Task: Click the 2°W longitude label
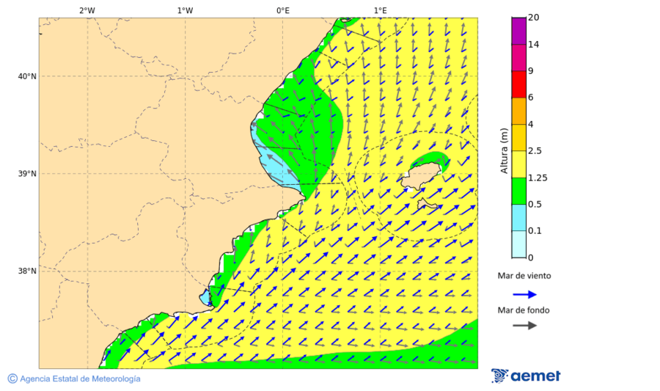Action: pyautogui.click(x=87, y=10)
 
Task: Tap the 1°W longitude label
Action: pyautogui.click(x=185, y=10)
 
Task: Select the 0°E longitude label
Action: pyautogui.click(x=282, y=10)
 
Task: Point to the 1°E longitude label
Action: pyautogui.click(x=380, y=10)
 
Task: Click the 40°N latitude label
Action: pyautogui.click(x=26, y=76)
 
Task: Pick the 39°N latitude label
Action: pyautogui.click(x=26, y=174)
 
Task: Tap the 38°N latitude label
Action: pyautogui.click(x=26, y=271)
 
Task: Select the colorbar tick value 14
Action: pyautogui.click(x=534, y=45)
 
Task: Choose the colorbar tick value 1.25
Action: pyautogui.click(x=538, y=178)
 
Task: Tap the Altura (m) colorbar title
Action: pyautogui.click(x=504, y=150)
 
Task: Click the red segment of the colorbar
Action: pyautogui.click(x=519, y=84)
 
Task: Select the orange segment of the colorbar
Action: pyautogui.click(x=519, y=111)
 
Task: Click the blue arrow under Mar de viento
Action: pyautogui.click(x=524, y=294)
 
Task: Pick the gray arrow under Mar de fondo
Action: pyautogui.click(x=524, y=326)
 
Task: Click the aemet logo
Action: pyautogui.click(x=526, y=376)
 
